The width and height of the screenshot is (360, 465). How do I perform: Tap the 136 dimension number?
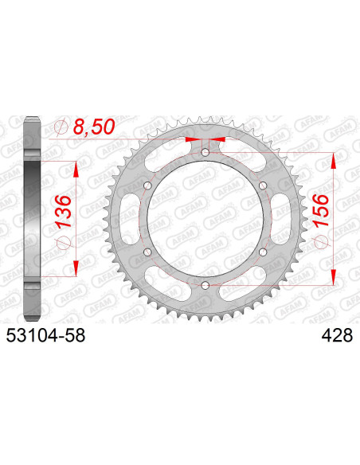coord(64,210)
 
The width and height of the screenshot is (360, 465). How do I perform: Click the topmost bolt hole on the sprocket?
coord(205,152)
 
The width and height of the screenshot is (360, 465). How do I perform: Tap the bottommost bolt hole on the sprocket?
coord(205,285)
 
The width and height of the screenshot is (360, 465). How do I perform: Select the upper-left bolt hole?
coord(147,185)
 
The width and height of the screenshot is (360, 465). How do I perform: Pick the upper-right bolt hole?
coord(262,185)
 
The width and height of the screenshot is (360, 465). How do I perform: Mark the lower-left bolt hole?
coord(147,252)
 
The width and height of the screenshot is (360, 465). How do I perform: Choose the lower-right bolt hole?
coord(262,252)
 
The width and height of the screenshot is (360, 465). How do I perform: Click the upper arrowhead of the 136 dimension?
coord(76,170)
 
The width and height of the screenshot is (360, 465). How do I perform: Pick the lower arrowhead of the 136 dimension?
coord(76,267)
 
